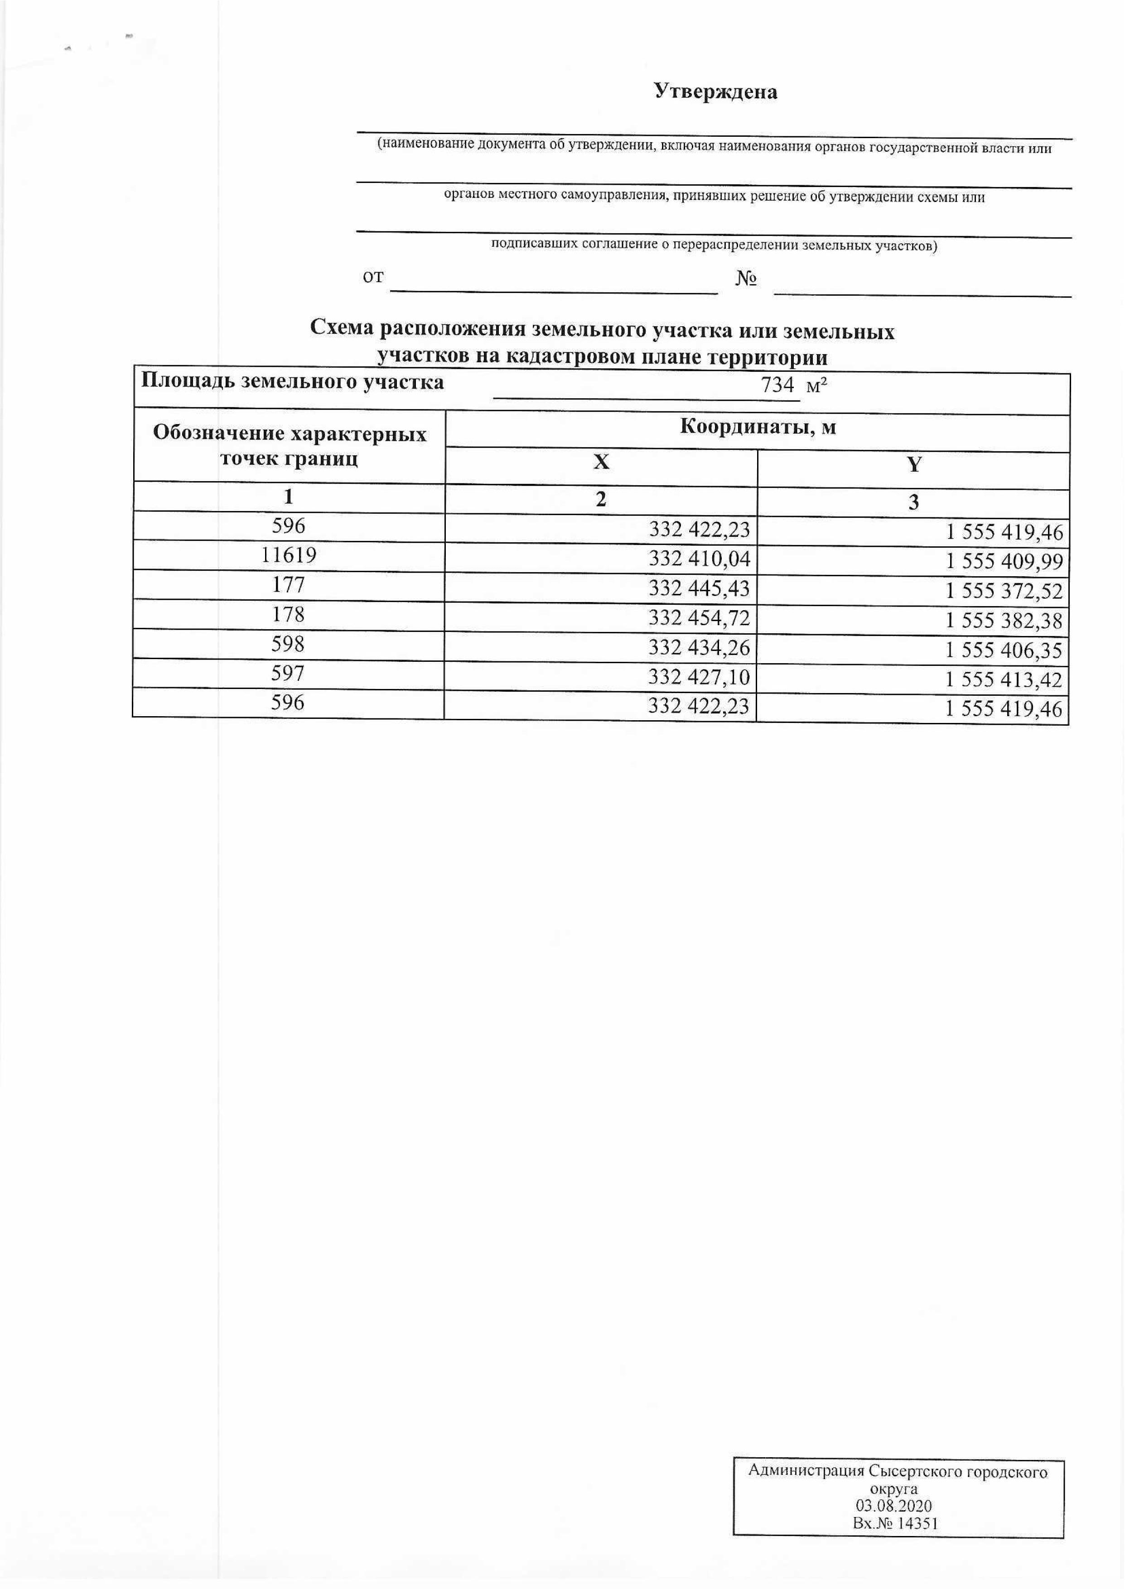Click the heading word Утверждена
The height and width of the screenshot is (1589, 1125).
[x=715, y=92]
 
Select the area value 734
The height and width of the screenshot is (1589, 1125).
[x=777, y=385]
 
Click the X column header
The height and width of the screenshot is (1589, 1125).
[x=601, y=462]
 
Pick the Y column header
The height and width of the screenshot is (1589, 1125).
[x=914, y=465]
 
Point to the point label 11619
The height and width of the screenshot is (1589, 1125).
[x=288, y=555]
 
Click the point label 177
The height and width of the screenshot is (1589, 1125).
[x=288, y=585]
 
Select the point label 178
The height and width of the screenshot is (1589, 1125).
[x=288, y=614]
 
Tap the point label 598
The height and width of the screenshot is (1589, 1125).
[x=288, y=644]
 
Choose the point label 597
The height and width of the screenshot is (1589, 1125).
[x=288, y=673]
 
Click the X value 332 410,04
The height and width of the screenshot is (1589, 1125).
[x=699, y=559]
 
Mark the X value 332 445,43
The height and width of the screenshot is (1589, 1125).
[x=699, y=588]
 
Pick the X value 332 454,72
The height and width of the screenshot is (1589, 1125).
[x=699, y=617]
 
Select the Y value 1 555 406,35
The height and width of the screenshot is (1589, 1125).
[x=1004, y=650]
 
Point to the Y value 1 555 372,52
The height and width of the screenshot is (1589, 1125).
[x=1004, y=591]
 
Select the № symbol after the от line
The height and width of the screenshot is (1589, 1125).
[x=745, y=279]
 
